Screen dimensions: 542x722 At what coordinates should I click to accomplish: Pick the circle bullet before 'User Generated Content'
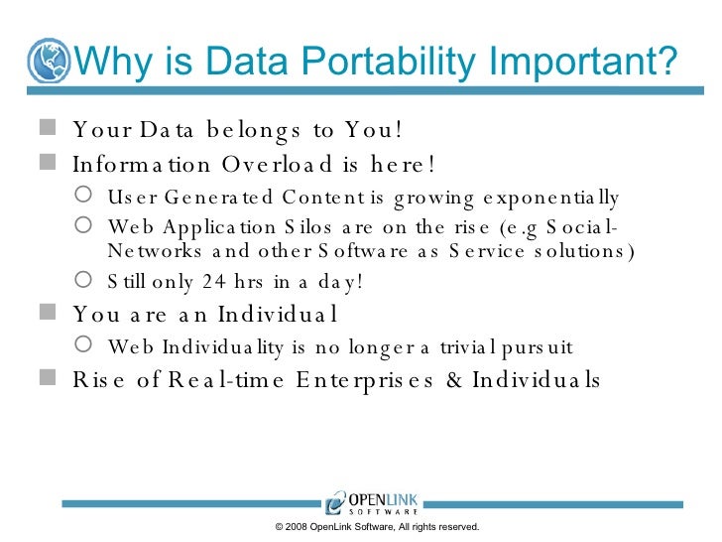click(86, 195)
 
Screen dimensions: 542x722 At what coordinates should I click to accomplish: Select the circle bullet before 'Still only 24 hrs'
click(86, 281)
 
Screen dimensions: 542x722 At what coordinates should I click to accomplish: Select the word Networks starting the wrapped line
click(151, 250)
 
